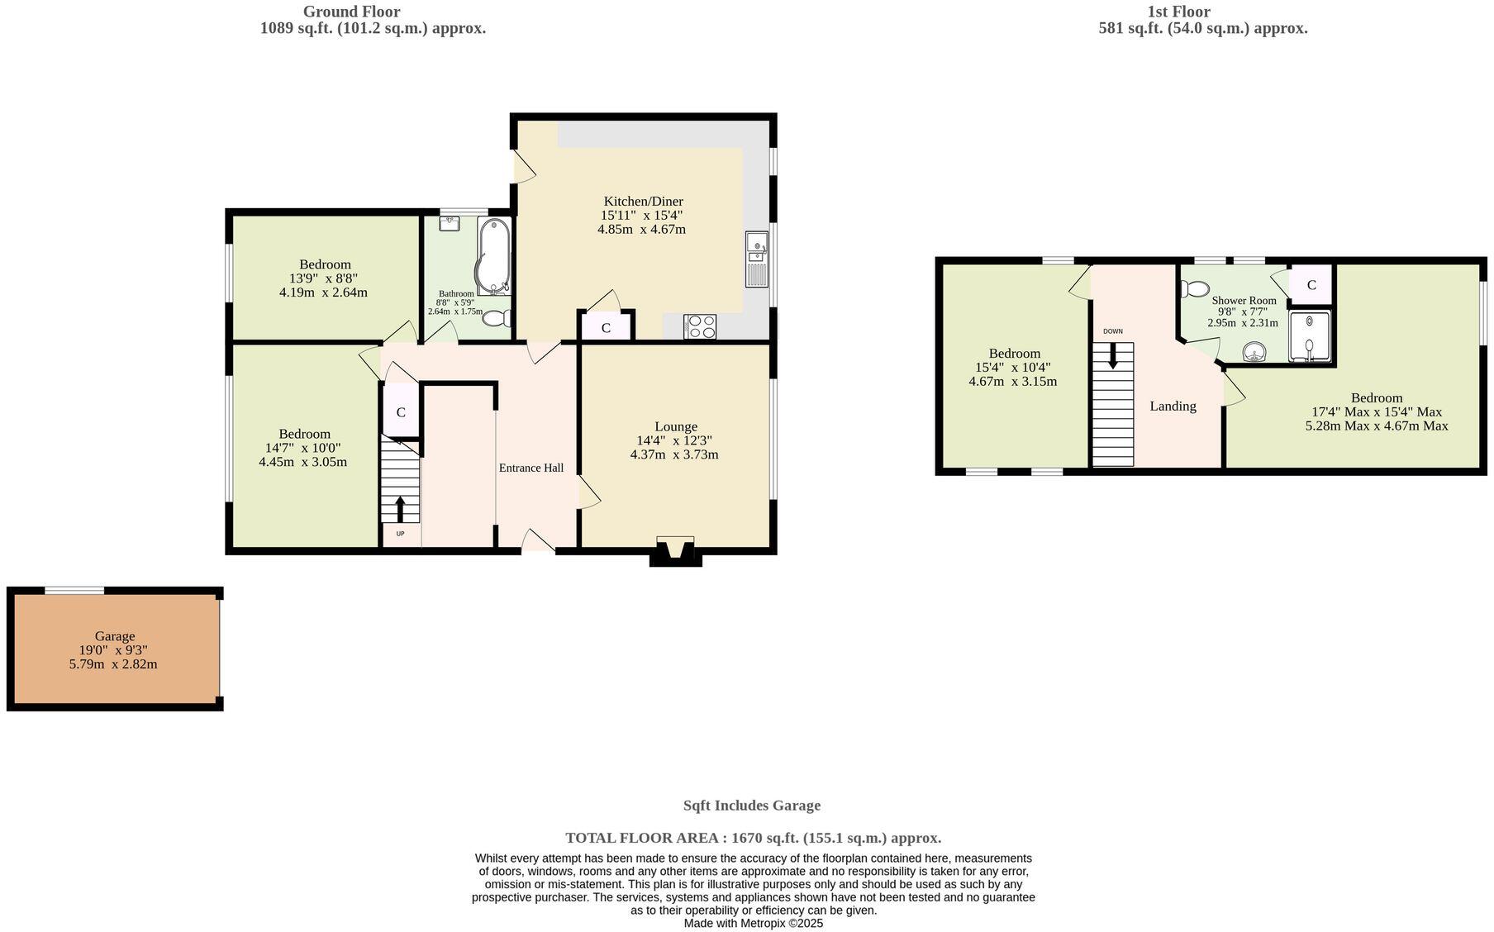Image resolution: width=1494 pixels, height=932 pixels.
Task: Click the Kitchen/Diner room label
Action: (x=643, y=202)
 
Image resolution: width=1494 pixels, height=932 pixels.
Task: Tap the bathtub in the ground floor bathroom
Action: (x=492, y=256)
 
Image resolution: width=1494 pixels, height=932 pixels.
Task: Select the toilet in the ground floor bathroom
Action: (x=497, y=318)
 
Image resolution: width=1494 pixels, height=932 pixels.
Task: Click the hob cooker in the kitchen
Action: (x=699, y=327)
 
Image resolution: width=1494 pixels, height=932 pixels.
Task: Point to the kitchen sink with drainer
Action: (x=756, y=259)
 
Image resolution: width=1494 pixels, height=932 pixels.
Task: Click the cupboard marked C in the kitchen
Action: (x=606, y=328)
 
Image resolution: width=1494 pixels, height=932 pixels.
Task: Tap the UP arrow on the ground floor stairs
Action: (x=401, y=509)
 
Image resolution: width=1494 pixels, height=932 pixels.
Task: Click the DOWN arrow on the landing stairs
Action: (x=1113, y=356)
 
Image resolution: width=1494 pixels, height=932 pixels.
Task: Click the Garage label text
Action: (x=114, y=636)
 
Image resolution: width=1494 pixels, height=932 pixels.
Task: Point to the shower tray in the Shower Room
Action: (x=1310, y=337)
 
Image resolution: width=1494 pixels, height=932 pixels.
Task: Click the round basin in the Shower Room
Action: (x=1255, y=354)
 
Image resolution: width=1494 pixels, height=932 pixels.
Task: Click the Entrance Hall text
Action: (x=531, y=468)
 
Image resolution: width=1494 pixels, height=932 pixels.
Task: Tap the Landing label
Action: (x=1173, y=406)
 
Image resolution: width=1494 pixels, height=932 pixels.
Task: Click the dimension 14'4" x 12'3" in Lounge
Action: (x=673, y=441)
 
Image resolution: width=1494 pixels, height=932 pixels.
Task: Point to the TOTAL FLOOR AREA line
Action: (x=753, y=838)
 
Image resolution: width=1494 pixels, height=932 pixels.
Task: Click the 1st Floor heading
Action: (x=1178, y=12)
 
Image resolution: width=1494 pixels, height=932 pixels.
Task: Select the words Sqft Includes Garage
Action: (x=751, y=806)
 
